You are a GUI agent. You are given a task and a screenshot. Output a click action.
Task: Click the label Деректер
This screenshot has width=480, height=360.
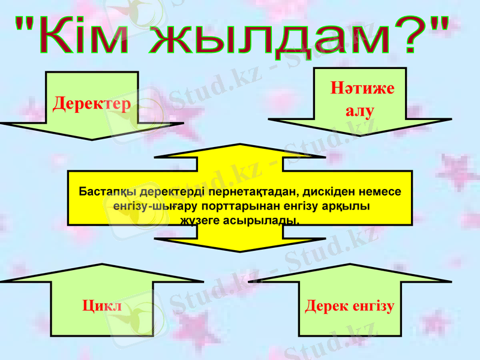click(91, 104)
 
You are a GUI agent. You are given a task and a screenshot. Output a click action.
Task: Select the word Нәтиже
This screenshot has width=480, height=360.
click(362, 89)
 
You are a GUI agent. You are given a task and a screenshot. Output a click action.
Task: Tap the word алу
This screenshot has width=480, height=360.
click(360, 110)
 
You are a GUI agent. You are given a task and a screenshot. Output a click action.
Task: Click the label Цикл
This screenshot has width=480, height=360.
click(101, 306)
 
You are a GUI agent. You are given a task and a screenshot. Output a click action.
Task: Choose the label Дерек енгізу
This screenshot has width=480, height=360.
click(349, 306)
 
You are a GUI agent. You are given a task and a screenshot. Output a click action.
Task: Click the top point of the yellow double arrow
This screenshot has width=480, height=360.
click(239, 145)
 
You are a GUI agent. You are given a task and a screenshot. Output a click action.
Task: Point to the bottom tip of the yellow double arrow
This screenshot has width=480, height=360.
click(239, 251)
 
